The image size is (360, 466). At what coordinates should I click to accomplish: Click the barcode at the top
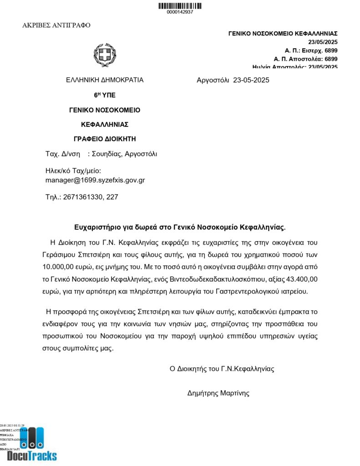(180, 5)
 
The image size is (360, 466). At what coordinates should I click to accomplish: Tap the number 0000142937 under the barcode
(180, 12)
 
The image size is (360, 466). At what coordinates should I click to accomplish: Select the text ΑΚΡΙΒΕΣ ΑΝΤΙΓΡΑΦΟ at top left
(56, 25)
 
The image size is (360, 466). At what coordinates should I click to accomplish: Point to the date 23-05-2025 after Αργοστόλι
(251, 81)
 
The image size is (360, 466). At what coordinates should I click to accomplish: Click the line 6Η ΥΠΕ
(105, 95)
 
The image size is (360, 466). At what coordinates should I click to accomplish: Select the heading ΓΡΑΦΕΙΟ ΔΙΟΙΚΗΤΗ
(105, 139)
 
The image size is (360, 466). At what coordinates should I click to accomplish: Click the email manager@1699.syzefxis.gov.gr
(95, 180)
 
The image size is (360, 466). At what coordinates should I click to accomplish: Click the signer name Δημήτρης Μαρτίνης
(218, 393)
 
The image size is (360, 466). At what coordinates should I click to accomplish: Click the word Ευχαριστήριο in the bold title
(93, 227)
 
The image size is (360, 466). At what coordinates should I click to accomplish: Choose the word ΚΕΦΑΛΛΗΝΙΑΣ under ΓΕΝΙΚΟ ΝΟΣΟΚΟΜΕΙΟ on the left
(105, 124)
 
